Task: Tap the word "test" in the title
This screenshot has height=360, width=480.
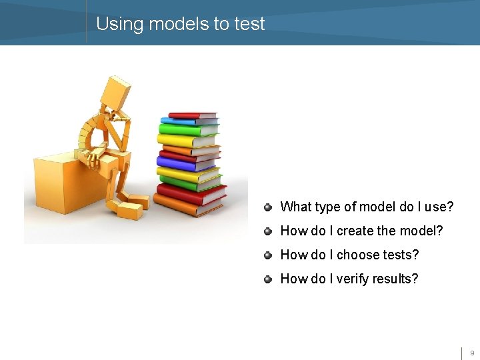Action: click(249, 24)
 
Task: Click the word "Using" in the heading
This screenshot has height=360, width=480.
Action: click(120, 24)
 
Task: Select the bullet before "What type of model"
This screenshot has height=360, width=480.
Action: click(267, 207)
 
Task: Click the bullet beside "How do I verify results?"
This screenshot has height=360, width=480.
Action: click(267, 279)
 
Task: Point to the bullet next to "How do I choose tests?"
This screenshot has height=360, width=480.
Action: click(267, 255)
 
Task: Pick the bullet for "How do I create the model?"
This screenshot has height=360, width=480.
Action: click(267, 231)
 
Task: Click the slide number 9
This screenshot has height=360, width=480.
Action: click(472, 353)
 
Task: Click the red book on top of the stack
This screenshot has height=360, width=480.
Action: click(193, 115)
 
